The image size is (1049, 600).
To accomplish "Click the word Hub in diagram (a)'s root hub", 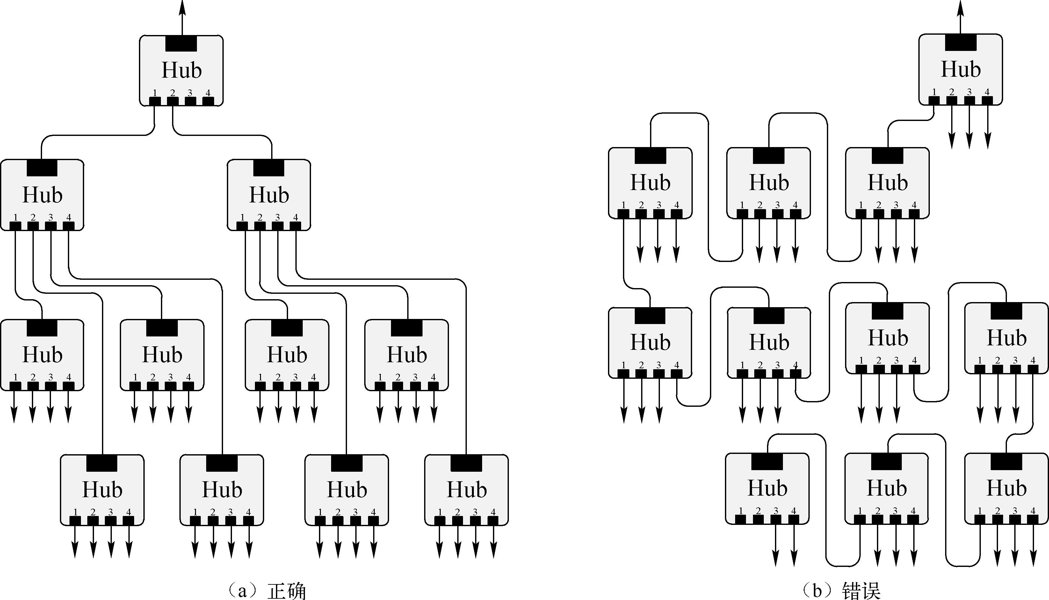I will (182, 70).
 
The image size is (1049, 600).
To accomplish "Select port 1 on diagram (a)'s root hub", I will (155, 101).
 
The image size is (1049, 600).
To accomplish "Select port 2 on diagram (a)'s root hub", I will (172, 101).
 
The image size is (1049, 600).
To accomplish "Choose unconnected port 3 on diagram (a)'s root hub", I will (190, 101).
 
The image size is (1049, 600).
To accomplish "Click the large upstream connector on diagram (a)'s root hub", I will (181, 43).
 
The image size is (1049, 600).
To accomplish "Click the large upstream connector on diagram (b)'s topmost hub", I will (960, 42).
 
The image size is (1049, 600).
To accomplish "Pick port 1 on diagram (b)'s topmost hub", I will (934, 100).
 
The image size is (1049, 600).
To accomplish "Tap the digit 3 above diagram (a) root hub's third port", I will (190, 93).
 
